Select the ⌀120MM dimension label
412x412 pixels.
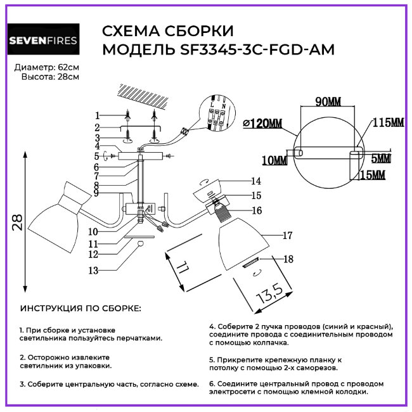click(262, 123)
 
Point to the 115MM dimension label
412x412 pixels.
click(387, 122)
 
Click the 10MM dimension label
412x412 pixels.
click(273, 161)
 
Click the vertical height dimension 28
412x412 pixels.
click(18, 222)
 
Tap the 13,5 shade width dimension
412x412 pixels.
click(269, 292)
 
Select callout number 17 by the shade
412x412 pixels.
click(286, 236)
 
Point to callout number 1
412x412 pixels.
click(98, 115)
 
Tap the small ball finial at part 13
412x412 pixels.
click(141, 245)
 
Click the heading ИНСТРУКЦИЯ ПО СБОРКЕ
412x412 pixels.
click(81, 308)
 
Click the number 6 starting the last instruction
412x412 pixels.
click(211, 383)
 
